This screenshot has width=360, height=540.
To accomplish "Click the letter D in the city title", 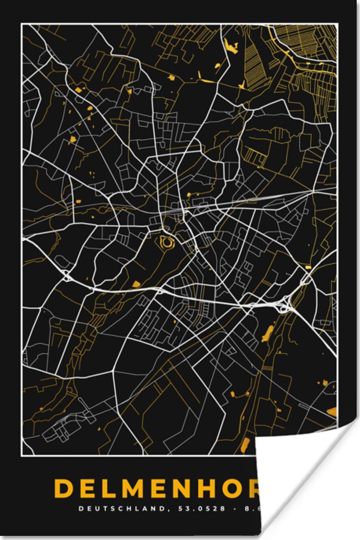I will coord(64,489).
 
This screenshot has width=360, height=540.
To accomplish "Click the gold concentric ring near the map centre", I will coord(167,243).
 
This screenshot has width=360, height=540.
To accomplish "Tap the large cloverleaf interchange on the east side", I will coord(285,305).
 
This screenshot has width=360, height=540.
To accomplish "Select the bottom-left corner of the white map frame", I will coord(22,455).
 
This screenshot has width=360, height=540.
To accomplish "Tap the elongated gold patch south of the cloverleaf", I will coord(268,333).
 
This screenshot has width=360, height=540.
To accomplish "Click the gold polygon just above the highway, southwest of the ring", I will coord(136,284).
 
